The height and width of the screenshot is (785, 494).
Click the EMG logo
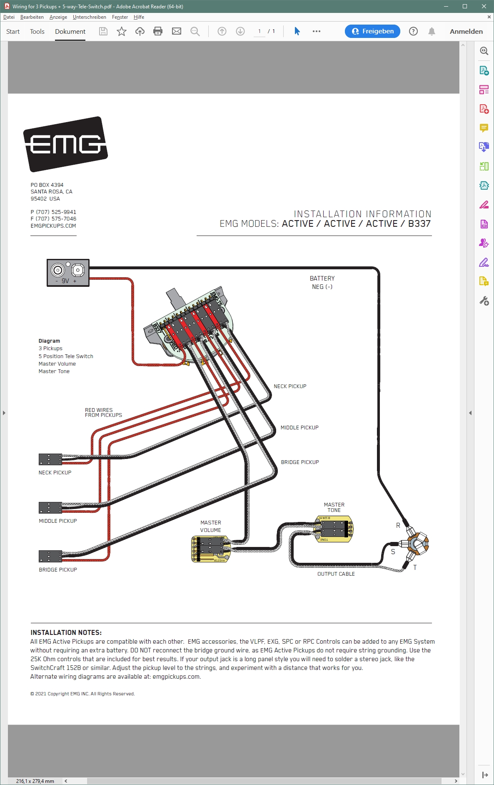tap(65, 144)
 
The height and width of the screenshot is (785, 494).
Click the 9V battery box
tap(68, 273)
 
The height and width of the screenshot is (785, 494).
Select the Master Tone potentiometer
tap(334, 529)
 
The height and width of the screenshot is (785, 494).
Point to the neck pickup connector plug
tap(50, 459)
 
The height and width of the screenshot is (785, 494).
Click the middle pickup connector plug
tap(50, 507)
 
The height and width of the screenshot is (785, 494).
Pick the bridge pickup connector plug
tap(50, 556)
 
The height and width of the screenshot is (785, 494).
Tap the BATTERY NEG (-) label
tap(322, 283)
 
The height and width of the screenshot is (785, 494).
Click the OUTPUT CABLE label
tap(336, 574)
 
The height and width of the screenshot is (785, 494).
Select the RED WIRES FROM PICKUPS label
tap(103, 413)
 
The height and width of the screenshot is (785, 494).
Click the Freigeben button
tap(372, 31)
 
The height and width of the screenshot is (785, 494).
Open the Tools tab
tap(37, 32)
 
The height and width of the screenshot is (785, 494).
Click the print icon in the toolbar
tap(158, 31)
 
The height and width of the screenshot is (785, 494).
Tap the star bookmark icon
tap(122, 31)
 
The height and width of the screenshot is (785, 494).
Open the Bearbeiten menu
tap(32, 17)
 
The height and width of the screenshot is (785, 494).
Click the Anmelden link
tap(466, 32)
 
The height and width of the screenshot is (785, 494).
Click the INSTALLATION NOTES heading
tap(66, 632)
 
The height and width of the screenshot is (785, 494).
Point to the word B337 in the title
tap(419, 224)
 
